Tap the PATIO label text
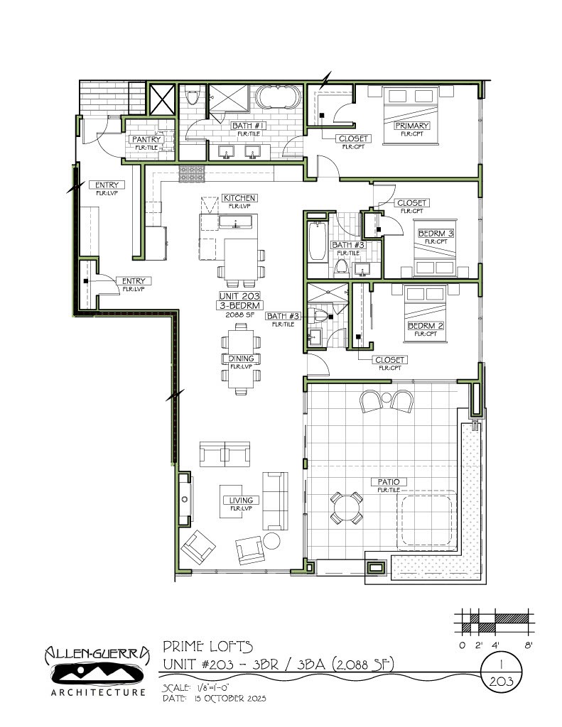coord(387,482)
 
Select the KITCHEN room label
coord(239,197)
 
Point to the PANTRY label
coord(146,139)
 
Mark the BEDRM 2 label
coord(426,326)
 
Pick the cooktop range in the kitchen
coord(192,173)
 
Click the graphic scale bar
coord(495,622)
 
